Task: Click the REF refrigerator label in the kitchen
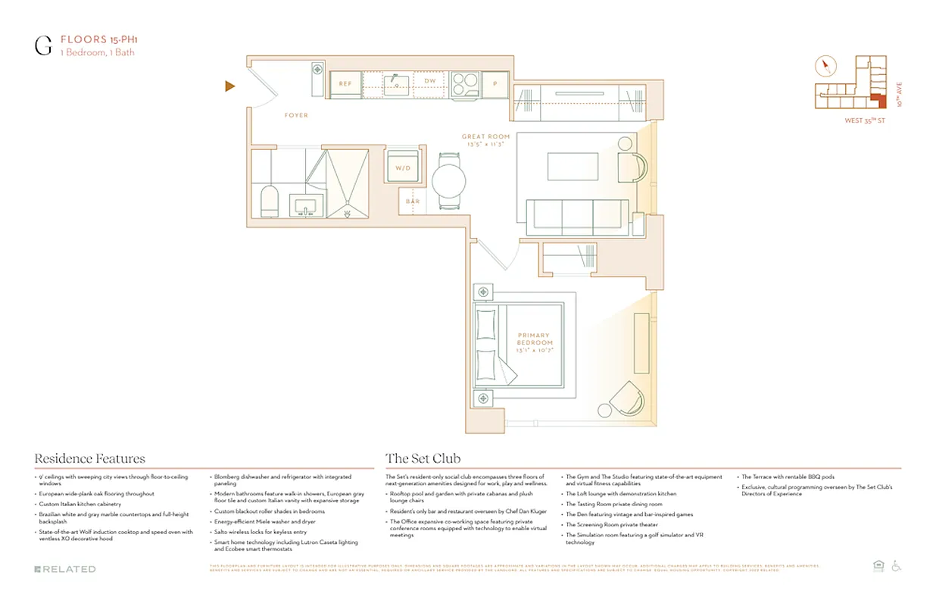pyautogui.click(x=345, y=84)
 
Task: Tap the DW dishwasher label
pyautogui.click(x=429, y=81)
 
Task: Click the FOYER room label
pyautogui.click(x=296, y=116)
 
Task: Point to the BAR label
pyautogui.click(x=413, y=201)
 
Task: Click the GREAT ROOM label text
pyautogui.click(x=485, y=137)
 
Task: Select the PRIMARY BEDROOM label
pyautogui.click(x=534, y=339)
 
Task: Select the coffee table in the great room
pyautogui.click(x=573, y=167)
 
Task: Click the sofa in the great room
pyautogui.click(x=578, y=217)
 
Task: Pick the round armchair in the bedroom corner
pyautogui.click(x=626, y=400)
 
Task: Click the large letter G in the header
pyautogui.click(x=43, y=45)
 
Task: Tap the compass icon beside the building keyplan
pyautogui.click(x=825, y=67)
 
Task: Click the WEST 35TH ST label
pyautogui.click(x=864, y=120)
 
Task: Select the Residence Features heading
pyautogui.click(x=89, y=459)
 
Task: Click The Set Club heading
pyautogui.click(x=423, y=459)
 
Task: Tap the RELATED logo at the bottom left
pyautogui.click(x=65, y=569)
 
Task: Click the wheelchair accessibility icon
pyautogui.click(x=897, y=566)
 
